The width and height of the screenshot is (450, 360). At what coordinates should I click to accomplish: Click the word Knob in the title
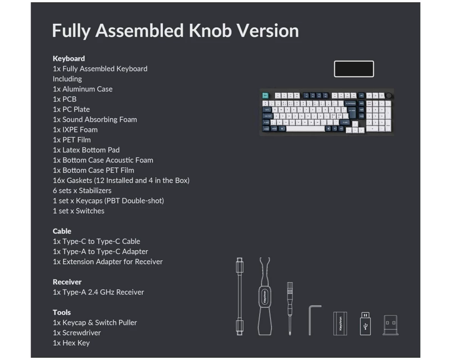point(210,31)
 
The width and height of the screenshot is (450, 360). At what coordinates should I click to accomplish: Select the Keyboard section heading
point(68,58)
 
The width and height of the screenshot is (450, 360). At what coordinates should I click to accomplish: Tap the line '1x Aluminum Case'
point(83,89)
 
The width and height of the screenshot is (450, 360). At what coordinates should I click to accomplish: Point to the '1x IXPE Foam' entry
point(75,130)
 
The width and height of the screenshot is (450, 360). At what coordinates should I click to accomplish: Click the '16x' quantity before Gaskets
point(58,180)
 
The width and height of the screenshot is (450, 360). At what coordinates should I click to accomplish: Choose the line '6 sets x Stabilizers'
point(82,191)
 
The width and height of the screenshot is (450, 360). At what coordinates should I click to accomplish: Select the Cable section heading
point(62,231)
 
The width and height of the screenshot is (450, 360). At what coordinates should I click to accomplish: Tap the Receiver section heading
point(67,282)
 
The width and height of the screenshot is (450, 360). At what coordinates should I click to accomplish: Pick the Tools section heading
point(62,312)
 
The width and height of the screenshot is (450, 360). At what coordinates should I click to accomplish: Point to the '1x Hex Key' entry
point(71,343)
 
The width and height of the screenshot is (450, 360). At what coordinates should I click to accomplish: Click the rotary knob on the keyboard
point(389,95)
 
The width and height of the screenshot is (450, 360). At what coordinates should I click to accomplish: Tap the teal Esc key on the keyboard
point(265,95)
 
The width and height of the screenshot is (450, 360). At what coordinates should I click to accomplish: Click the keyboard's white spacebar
point(306,129)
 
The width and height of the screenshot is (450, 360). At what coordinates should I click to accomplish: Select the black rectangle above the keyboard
point(354,69)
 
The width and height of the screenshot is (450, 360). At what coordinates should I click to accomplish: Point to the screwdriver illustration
point(290,309)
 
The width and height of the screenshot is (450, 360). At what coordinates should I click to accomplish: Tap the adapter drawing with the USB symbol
point(365,324)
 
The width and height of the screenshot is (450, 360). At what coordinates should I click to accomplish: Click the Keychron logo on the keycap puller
point(265,297)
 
